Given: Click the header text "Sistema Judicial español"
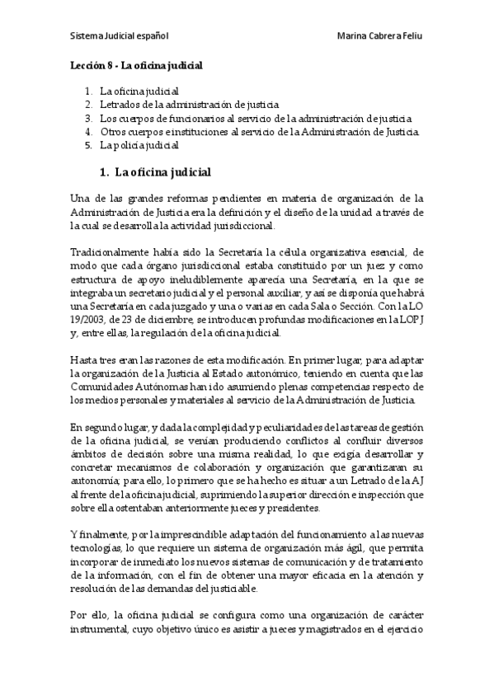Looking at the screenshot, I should tap(120, 37).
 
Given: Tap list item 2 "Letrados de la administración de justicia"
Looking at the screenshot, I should tap(189, 105).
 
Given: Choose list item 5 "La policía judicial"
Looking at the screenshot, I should tap(139, 145).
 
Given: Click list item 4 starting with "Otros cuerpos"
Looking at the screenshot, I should tap(259, 132).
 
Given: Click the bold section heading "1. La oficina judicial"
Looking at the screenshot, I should tap(155, 172).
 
